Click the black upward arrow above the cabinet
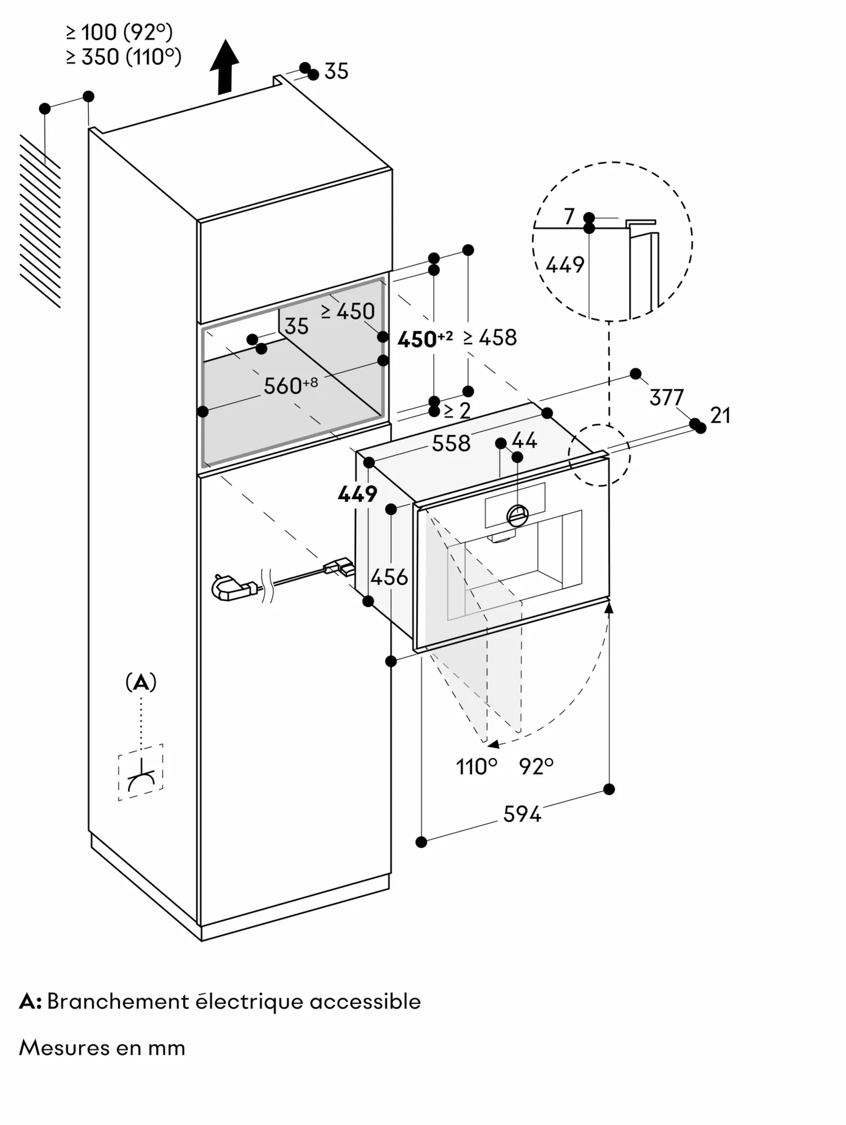click(224, 66)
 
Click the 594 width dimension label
click(521, 814)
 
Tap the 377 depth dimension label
click(667, 398)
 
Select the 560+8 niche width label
click(290, 385)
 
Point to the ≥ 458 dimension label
click(490, 337)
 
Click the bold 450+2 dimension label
click(424, 339)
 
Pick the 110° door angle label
click(476, 766)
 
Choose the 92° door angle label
click(536, 766)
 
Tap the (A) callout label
click(141, 682)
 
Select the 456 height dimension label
click(389, 577)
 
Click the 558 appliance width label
click(451, 443)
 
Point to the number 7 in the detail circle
click(569, 216)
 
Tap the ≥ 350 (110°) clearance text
click(124, 57)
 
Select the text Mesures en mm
click(102, 1047)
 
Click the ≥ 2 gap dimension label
click(457, 411)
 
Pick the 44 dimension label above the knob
click(524, 440)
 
